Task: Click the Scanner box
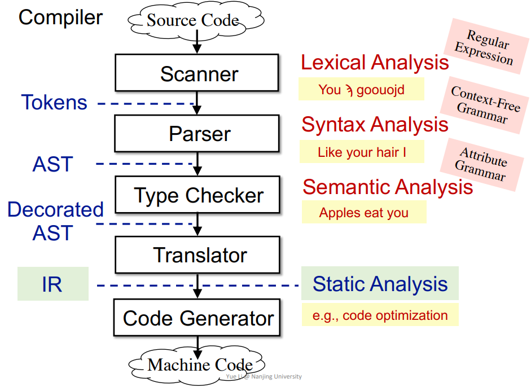[197, 73]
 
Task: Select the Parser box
[197, 133]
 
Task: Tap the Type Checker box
[198, 195]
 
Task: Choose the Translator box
[198, 254]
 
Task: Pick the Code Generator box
[197, 318]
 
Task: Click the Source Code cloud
[196, 19]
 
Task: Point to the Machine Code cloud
[197, 366]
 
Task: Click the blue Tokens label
[54, 102]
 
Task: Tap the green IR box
[53, 284]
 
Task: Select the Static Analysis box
[380, 283]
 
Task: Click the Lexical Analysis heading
[375, 63]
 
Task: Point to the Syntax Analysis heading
[375, 125]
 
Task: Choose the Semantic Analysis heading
[388, 187]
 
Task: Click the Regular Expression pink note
[486, 46]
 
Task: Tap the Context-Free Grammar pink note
[484, 105]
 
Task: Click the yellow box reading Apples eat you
[364, 212]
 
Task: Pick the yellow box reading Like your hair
[362, 152]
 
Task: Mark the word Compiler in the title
[60, 18]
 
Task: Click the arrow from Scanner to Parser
[197, 103]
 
